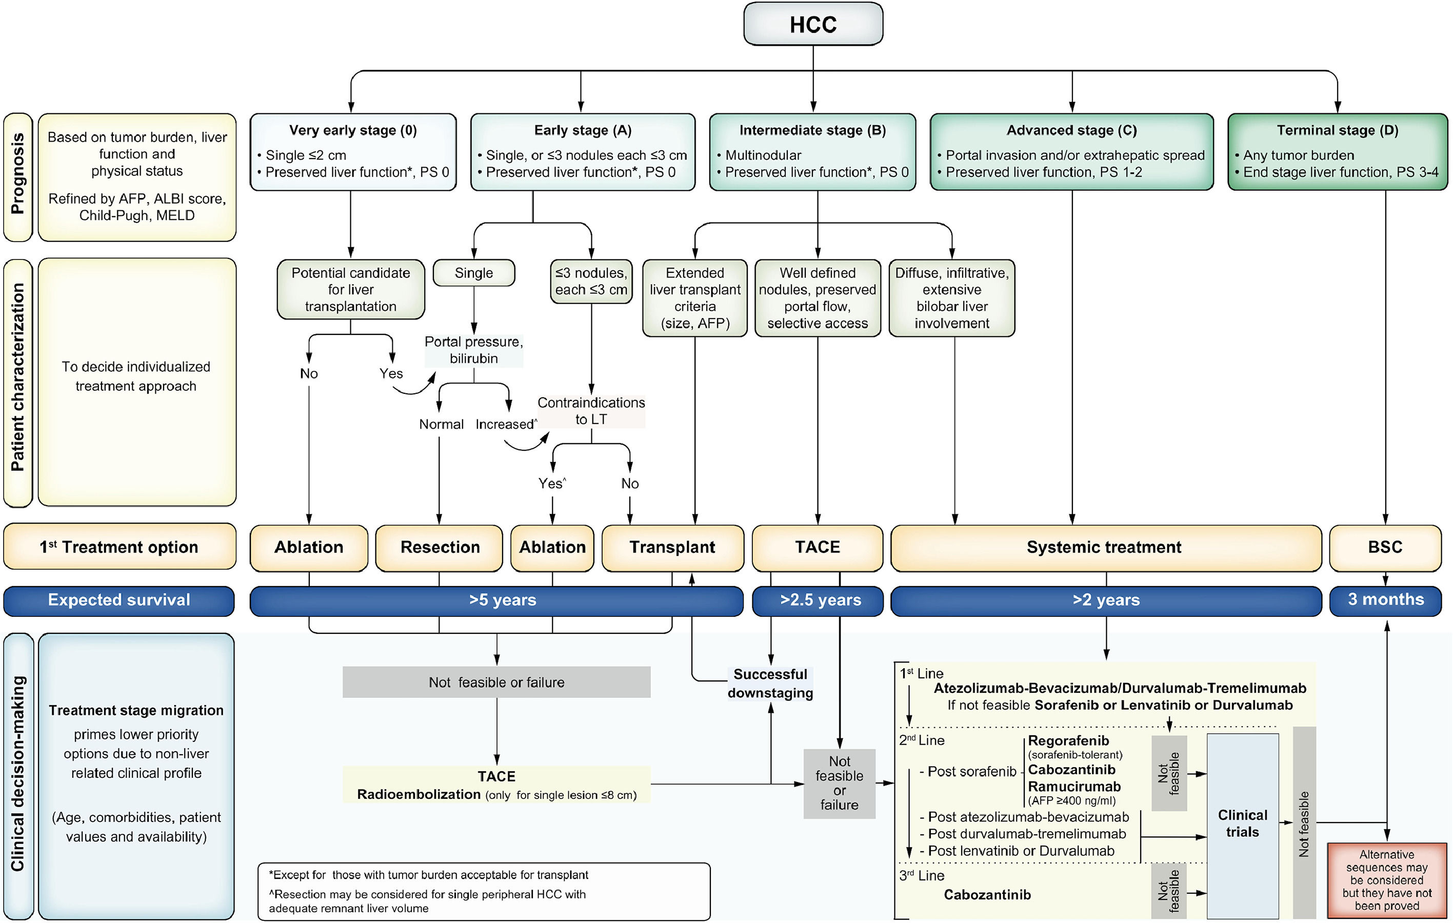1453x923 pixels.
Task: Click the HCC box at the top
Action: click(813, 24)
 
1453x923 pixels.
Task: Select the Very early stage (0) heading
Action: click(353, 130)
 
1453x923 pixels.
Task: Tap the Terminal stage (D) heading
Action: click(1337, 130)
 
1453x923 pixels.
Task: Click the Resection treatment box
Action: click(439, 547)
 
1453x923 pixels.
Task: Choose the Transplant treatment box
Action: click(672, 547)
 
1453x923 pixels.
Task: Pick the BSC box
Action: click(1385, 547)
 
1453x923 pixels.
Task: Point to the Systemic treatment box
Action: click(1104, 547)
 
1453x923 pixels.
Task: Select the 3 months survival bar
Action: click(1385, 599)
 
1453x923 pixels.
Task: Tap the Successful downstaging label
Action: click(770, 684)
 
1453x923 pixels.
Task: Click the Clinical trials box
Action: click(1242, 824)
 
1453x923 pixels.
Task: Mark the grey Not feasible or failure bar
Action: click(496, 683)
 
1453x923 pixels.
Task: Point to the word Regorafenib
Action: click(1068, 740)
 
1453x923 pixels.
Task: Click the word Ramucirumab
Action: click(1074, 787)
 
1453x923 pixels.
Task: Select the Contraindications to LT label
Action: click(591, 411)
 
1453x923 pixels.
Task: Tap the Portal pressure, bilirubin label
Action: click(474, 350)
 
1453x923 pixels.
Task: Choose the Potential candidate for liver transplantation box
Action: click(351, 290)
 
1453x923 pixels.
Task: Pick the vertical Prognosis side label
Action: click(17, 174)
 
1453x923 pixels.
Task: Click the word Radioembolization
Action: click(419, 794)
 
